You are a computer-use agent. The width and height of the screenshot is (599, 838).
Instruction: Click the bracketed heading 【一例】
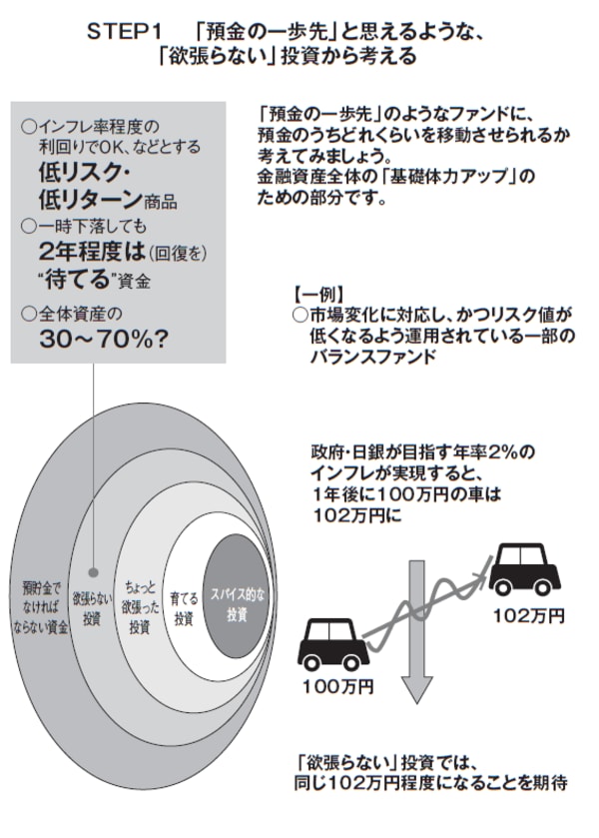[x=320, y=296]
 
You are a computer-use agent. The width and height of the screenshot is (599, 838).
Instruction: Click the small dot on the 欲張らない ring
[x=92, y=572]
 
